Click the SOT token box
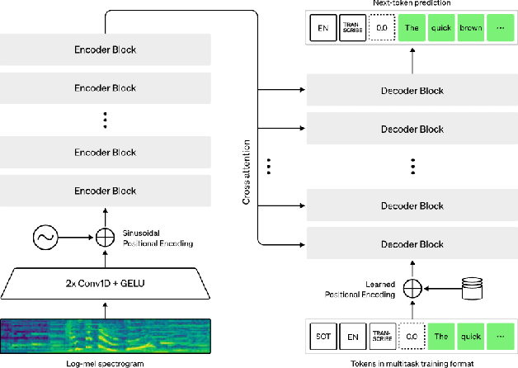324,336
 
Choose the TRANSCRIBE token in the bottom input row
382,336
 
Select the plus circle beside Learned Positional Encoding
411,288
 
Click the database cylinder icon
472,288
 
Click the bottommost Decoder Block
410,243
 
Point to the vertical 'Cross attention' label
246,166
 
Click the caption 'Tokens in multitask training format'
410,361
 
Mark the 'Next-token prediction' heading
410,4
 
